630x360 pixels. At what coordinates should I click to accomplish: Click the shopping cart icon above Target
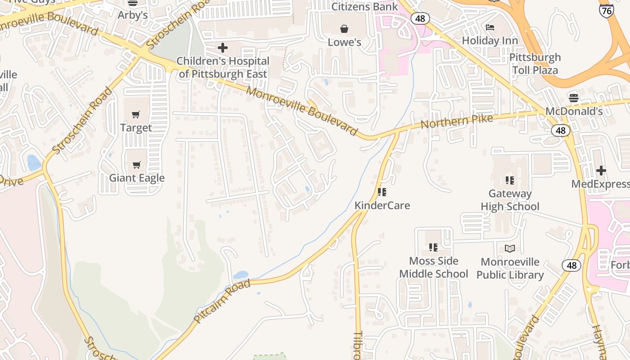[x=136, y=114]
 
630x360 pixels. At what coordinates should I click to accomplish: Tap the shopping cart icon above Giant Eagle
[x=137, y=165]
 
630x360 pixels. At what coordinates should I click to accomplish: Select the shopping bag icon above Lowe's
[x=344, y=29]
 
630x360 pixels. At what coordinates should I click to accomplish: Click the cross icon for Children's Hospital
[x=223, y=48]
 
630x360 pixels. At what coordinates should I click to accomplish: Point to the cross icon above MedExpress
[x=601, y=171]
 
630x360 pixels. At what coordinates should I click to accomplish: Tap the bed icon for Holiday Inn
[x=490, y=27]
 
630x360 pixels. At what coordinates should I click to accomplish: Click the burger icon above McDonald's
[x=573, y=98]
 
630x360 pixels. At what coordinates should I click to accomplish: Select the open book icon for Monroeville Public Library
[x=510, y=248]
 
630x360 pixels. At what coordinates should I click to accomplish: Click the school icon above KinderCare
[x=382, y=192]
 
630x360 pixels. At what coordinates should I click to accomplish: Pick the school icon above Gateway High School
[x=509, y=180]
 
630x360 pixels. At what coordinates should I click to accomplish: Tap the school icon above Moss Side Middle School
[x=433, y=247]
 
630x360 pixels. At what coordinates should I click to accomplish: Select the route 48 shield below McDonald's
[x=560, y=130]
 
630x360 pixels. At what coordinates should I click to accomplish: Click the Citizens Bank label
[x=365, y=7]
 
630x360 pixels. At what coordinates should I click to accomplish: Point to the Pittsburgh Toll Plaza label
[x=535, y=64]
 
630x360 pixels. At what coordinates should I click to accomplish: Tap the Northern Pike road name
[x=457, y=121]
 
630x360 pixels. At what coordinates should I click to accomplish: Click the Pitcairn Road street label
[x=222, y=301]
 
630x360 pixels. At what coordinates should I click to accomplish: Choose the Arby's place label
[x=133, y=15]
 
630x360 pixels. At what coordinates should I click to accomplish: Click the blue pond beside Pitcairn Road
[x=240, y=274]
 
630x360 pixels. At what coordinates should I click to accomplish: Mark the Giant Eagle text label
[x=137, y=178]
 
